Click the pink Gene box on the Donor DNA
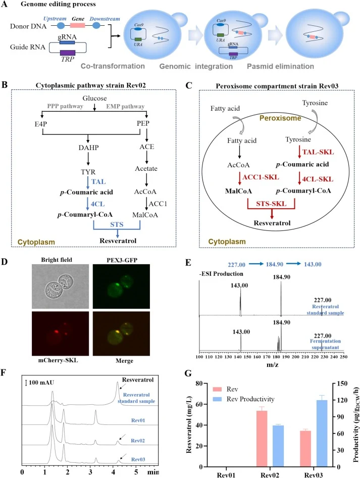coord(78,25)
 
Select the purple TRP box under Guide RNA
coord(67,53)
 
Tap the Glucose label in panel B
coord(95,98)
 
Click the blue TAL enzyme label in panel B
coord(98,182)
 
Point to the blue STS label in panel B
coord(117,225)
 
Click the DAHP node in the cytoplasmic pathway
coord(88,148)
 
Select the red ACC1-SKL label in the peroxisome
coord(261,177)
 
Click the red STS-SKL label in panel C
coord(271,204)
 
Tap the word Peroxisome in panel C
coord(280,118)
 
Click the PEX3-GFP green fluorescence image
coord(121,286)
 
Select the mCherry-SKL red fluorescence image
coord(60,333)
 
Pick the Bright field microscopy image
coord(60,286)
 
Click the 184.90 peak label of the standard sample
coord(281,277)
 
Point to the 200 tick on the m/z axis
coord(295,357)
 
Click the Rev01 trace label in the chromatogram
coord(138,420)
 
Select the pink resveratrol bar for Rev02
coord(262,439)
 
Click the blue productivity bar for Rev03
coord(322,434)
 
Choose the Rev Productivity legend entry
coord(244,399)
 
